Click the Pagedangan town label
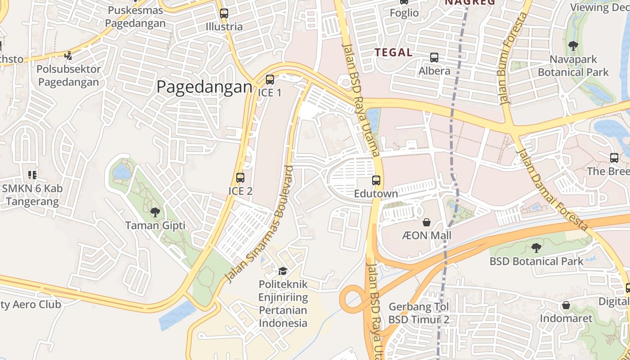(204, 87)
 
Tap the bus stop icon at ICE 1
(270, 80)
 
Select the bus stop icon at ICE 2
(240, 178)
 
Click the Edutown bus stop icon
(376, 180)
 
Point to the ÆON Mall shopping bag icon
(426, 222)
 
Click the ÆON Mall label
(426, 235)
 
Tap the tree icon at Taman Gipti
(155, 212)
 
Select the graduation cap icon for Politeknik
(283, 271)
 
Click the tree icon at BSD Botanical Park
(536, 247)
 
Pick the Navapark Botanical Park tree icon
(573, 45)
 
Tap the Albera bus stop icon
(434, 58)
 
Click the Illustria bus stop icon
(224, 13)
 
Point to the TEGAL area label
(394, 53)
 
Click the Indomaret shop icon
(566, 306)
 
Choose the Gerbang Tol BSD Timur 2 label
(419, 313)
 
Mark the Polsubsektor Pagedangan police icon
(68, 56)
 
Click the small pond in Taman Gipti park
(122, 171)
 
